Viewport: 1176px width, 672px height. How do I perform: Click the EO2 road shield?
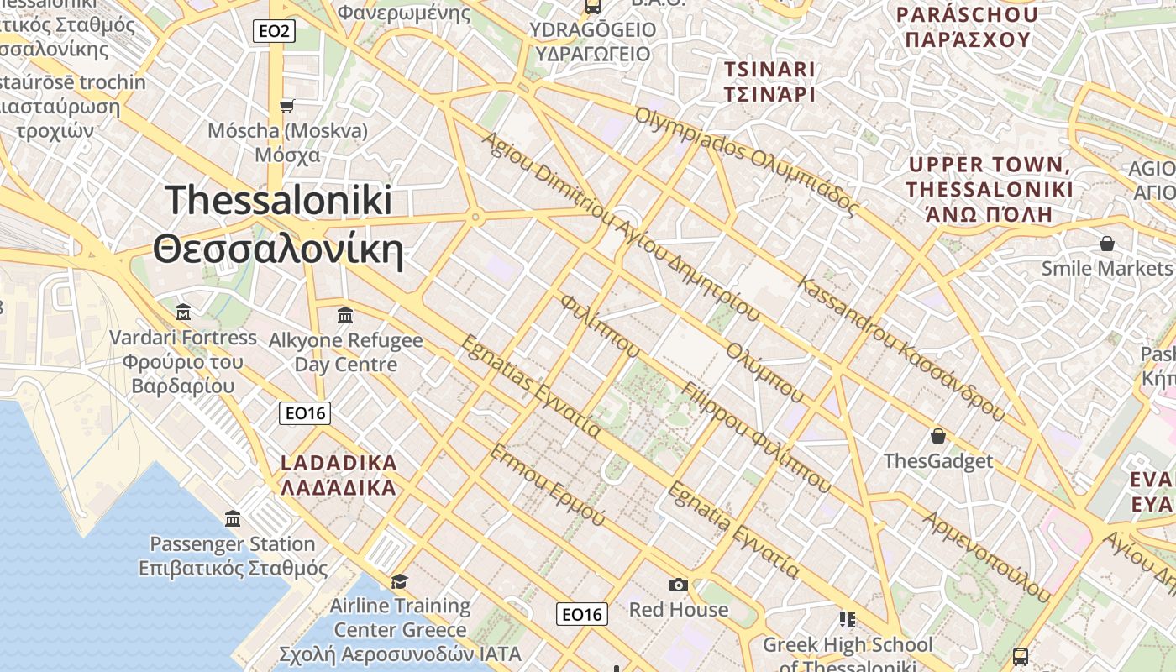[274, 32]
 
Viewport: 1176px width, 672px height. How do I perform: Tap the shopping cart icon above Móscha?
[287, 106]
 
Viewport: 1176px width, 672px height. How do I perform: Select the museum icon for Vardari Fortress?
[183, 312]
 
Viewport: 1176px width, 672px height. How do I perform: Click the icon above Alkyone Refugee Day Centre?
[344, 315]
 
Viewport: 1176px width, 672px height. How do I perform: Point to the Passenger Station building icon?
[233, 518]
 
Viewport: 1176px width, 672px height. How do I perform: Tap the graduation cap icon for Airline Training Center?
[399, 581]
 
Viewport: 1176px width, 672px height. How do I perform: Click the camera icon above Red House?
[679, 585]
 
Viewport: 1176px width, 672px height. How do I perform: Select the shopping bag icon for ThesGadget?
[937, 436]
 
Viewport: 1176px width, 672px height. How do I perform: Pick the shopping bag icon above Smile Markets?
[1106, 244]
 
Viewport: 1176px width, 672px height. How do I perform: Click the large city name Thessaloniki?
[279, 200]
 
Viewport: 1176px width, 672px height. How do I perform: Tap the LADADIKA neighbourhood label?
[339, 463]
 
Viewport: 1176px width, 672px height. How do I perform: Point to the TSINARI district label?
[769, 69]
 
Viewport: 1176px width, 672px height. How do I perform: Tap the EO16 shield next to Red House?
[582, 614]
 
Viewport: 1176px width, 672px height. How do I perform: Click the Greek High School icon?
[847, 620]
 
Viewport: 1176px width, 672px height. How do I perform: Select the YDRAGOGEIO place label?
[592, 30]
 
